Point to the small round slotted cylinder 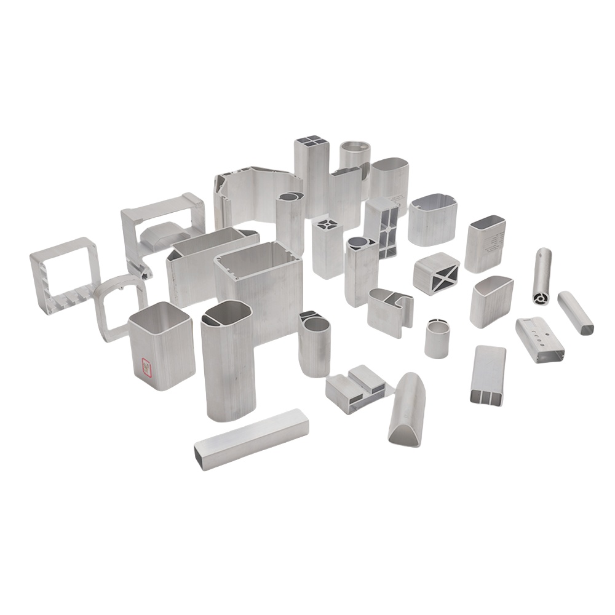(437, 338)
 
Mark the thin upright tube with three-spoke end (542, 276)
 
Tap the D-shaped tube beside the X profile (491, 301)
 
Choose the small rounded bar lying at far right (576, 312)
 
